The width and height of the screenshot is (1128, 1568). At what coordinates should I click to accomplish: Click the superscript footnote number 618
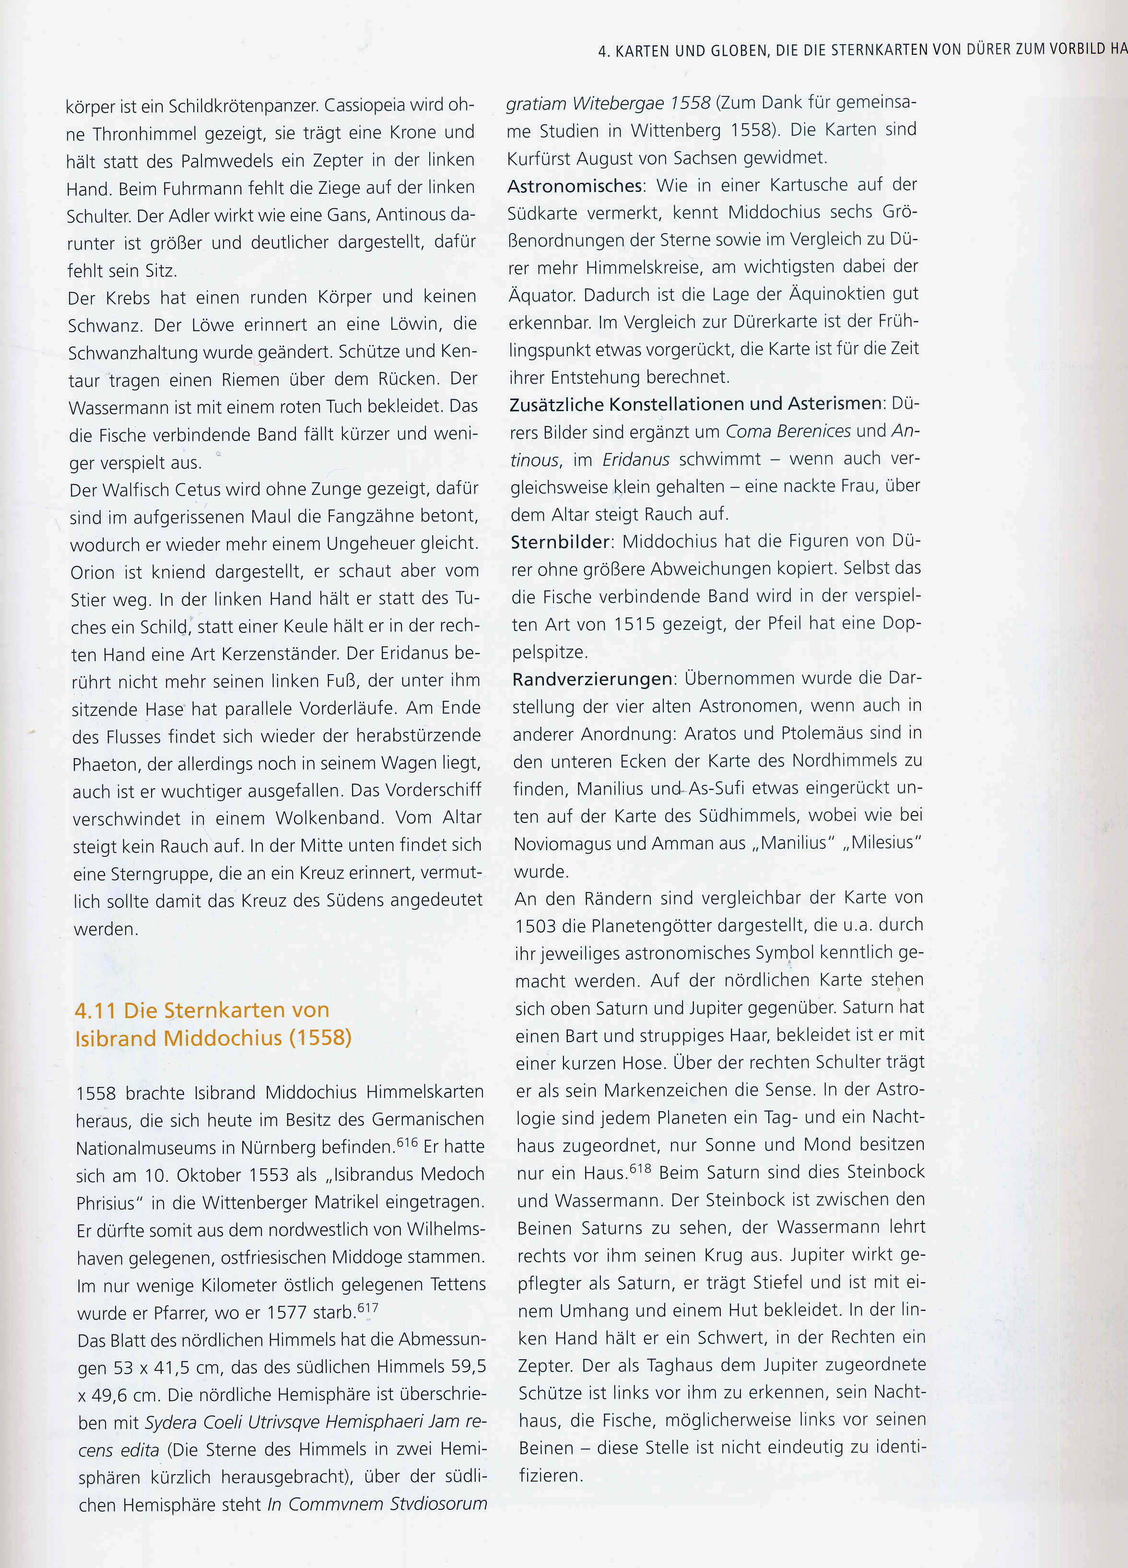click(x=641, y=1168)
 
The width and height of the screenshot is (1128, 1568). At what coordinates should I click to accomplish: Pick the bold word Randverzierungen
click(x=592, y=679)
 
